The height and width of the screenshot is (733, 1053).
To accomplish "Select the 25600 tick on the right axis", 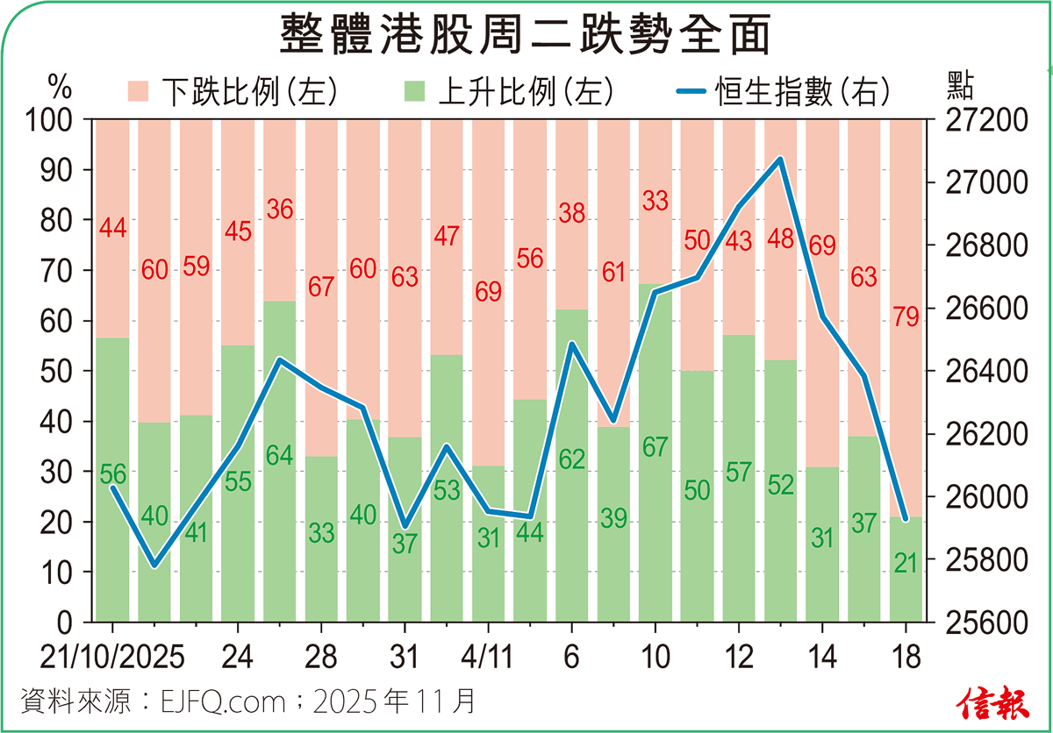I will coord(988,623).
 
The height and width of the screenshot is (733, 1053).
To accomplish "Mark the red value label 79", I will coord(906,317).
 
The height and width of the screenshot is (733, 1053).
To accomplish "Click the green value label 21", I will coord(906,564).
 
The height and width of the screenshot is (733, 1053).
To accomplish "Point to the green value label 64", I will coord(280,456).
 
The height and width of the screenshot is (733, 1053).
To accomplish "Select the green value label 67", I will coord(655,446).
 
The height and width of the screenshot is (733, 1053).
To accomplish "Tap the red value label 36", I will coord(280,210).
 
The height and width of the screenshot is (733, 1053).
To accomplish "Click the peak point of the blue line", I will coord(780,160).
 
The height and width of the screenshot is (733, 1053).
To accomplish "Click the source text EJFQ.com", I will coord(223,702).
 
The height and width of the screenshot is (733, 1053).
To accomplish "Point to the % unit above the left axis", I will coord(59,86).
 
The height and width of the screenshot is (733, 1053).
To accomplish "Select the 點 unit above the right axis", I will coord(962,86).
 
